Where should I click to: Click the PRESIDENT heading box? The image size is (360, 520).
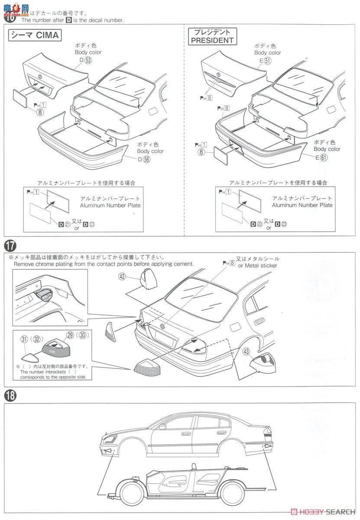pos(212,36)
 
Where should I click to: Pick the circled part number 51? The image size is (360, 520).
pos(268,61)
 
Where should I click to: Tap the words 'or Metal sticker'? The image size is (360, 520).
pos(257,265)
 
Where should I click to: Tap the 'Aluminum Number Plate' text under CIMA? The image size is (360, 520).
pos(110,205)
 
